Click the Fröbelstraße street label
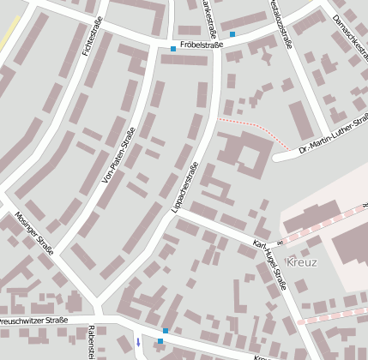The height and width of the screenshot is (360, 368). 202,45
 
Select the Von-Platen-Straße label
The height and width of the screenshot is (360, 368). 118,155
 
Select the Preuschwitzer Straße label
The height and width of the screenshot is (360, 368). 33,321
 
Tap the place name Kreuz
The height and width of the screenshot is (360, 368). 303,261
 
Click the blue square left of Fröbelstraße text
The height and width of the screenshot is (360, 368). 173,49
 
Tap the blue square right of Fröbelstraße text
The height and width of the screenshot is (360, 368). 232,35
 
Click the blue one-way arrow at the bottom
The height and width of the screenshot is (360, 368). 137,343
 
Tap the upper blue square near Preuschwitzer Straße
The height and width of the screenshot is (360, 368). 166,331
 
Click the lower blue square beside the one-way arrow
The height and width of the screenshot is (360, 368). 160,342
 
